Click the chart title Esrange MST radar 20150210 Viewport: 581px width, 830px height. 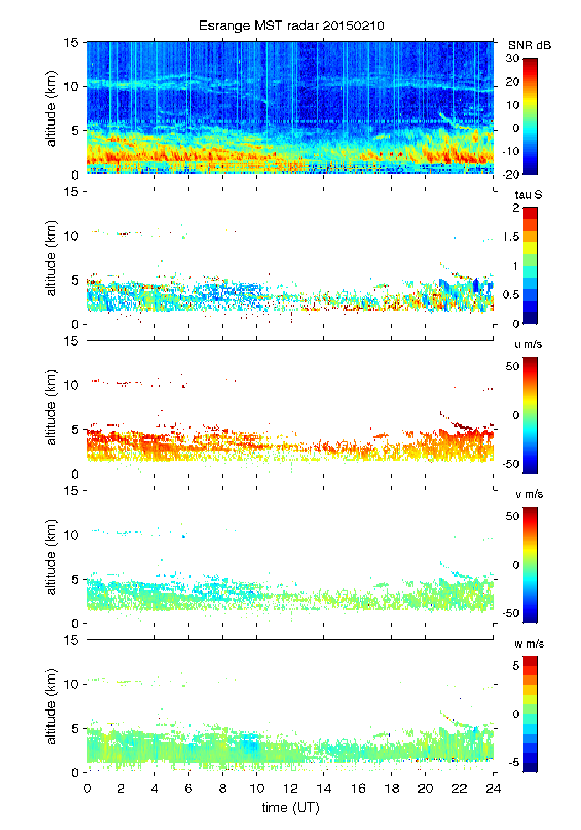(x=291, y=26)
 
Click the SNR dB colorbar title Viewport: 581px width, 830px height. (x=529, y=45)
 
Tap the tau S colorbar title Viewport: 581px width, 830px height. (x=528, y=195)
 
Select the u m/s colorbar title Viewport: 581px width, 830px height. (x=528, y=344)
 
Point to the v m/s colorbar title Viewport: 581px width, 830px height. (x=528, y=494)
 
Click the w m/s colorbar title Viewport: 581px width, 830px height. (x=528, y=644)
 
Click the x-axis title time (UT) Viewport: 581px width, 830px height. (x=290, y=807)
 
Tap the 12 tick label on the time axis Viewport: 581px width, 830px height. (x=290, y=789)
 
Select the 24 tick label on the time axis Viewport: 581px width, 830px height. (x=493, y=789)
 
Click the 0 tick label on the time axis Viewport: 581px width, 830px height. (x=87, y=789)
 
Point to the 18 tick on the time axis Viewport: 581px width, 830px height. (x=392, y=789)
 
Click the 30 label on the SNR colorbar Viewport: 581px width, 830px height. (x=512, y=59)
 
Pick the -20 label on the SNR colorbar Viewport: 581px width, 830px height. (x=510, y=174)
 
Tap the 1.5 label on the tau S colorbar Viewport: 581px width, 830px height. (x=511, y=237)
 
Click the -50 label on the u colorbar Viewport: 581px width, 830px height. (x=510, y=463)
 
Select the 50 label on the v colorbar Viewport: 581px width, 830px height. (x=512, y=516)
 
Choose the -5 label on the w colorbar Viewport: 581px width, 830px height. (x=512, y=763)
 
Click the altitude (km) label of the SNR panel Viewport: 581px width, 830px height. (x=51, y=108)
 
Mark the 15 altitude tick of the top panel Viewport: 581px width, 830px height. (x=71, y=42)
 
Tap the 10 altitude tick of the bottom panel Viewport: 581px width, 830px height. (x=71, y=684)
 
